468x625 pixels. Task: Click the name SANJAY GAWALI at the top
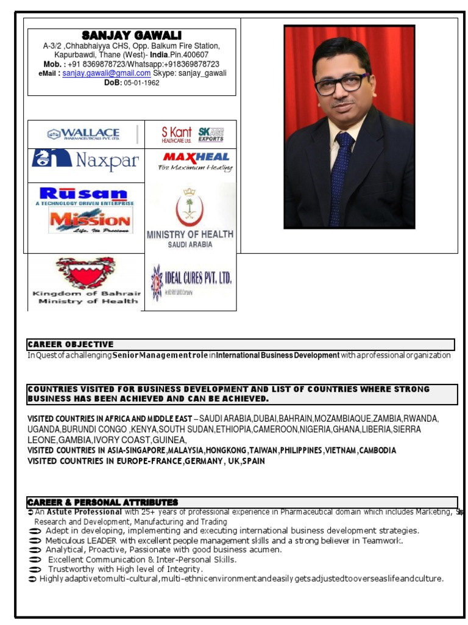pos(132,35)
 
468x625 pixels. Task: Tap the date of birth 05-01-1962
pos(141,83)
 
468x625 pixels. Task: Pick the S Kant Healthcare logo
pos(176,134)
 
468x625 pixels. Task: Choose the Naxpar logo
pos(85,161)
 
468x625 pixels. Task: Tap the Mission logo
pos(90,220)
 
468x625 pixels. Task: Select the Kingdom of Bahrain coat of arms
pos(85,272)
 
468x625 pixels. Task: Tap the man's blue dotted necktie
pos(339,177)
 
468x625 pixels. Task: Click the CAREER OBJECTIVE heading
pos(70,344)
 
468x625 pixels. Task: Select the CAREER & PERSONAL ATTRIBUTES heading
pos(102,502)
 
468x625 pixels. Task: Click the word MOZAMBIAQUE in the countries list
pos(313,419)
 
